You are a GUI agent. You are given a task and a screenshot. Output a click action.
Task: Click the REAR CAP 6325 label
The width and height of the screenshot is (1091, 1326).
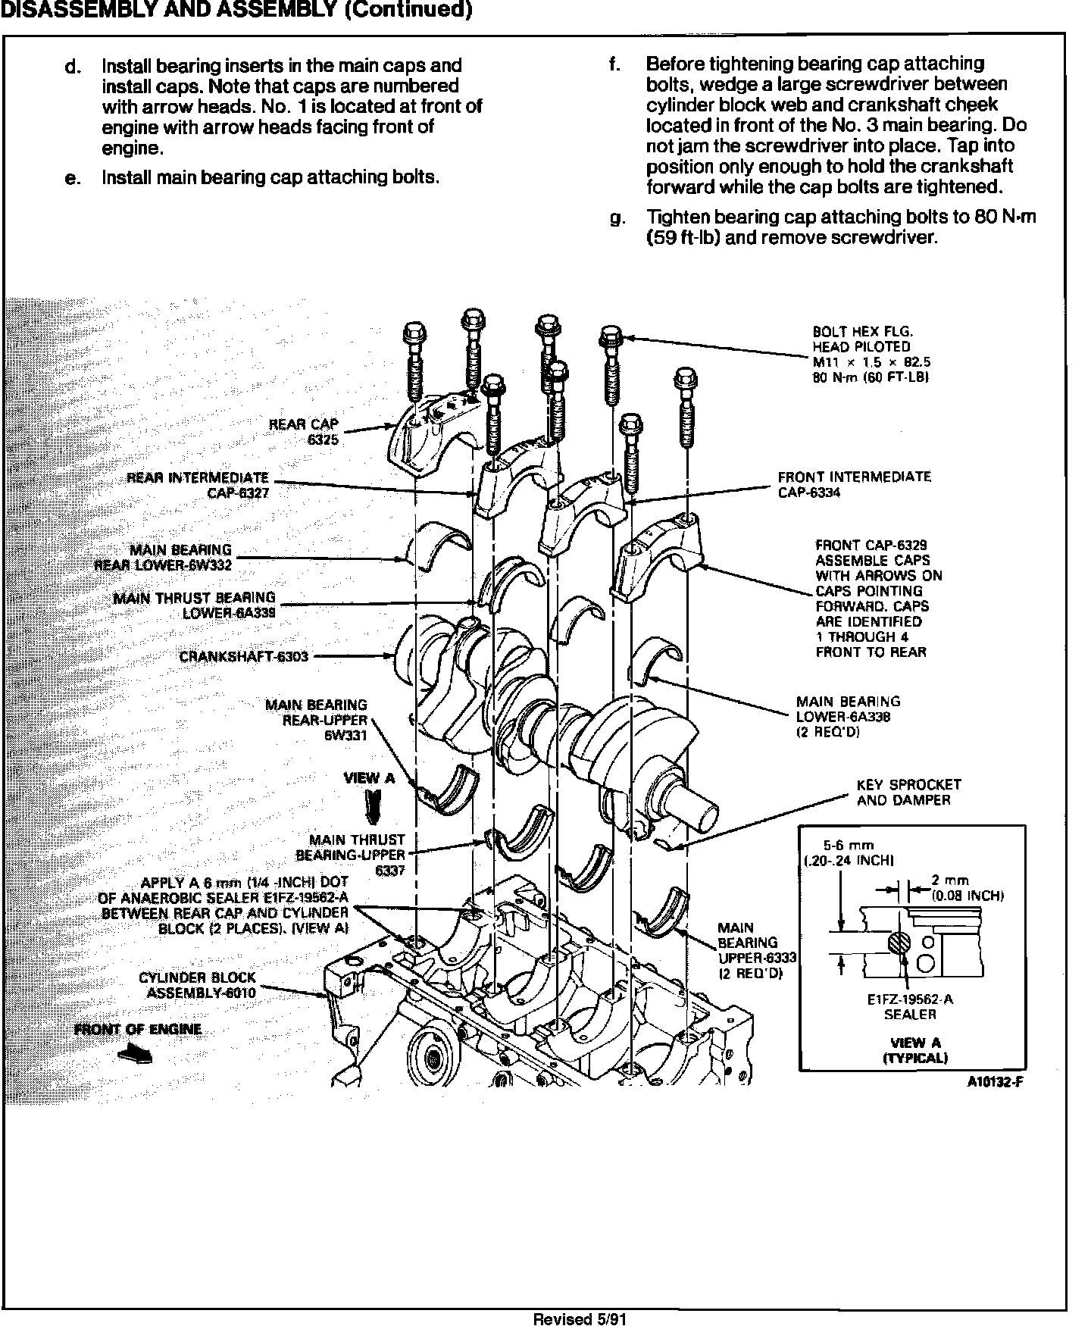304,431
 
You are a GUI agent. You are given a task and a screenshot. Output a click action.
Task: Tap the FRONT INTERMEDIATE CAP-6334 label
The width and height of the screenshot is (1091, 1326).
854,484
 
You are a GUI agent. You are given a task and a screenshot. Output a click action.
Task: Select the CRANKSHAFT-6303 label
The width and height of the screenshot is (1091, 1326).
243,656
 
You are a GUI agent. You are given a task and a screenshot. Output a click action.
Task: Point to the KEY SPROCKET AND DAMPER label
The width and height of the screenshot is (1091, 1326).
908,792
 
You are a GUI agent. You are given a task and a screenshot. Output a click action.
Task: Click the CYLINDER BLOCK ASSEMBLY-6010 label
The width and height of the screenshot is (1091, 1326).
198,985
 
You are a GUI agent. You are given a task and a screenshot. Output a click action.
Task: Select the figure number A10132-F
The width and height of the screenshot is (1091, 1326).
995,1082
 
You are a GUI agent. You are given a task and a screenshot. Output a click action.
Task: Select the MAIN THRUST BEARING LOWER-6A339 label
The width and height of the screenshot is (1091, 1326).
194,605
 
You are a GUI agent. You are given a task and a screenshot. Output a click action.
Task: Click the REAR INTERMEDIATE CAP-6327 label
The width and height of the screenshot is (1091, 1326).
198,485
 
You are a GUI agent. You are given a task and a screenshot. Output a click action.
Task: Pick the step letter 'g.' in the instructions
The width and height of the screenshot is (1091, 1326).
618,218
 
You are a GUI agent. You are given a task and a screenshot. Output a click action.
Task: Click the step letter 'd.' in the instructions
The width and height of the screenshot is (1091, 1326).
72,67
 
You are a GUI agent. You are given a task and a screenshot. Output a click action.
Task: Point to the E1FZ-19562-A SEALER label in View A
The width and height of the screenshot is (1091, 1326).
909,1006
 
